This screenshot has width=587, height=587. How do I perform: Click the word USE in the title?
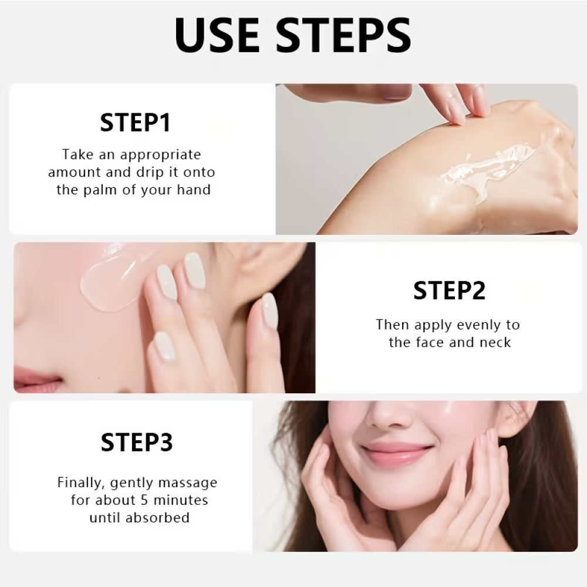point(218,35)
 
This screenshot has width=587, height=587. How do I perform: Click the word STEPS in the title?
point(343,35)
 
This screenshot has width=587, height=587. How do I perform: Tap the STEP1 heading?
point(136,123)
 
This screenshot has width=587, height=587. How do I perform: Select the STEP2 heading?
point(449,290)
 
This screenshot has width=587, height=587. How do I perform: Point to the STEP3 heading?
point(137,442)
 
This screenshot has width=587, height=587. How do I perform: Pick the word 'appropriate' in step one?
point(161,155)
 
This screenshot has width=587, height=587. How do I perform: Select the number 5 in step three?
point(145,500)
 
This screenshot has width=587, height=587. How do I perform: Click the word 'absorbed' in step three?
point(157,518)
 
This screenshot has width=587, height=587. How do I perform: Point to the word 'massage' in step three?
point(188,483)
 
